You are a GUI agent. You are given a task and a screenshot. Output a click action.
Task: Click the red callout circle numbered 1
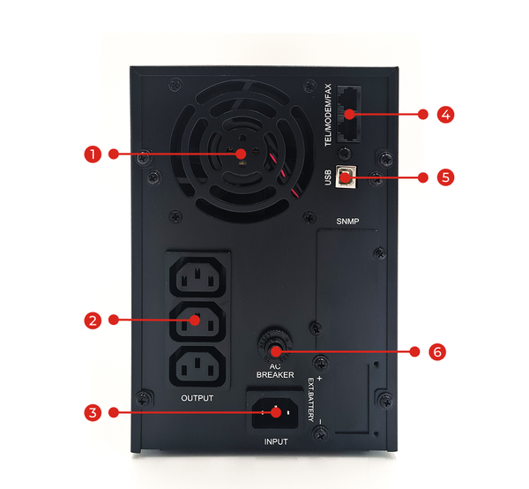(x=91, y=154)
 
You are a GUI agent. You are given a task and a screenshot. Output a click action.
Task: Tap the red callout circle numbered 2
(x=93, y=320)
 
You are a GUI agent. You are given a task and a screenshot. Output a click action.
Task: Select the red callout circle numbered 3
(x=93, y=411)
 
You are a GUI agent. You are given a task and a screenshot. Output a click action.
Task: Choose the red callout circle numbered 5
(x=445, y=177)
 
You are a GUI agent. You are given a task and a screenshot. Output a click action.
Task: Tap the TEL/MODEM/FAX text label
(x=327, y=115)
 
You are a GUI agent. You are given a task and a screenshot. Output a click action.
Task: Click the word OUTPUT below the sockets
(x=197, y=398)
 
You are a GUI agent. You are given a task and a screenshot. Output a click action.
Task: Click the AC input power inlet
(x=275, y=411)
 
